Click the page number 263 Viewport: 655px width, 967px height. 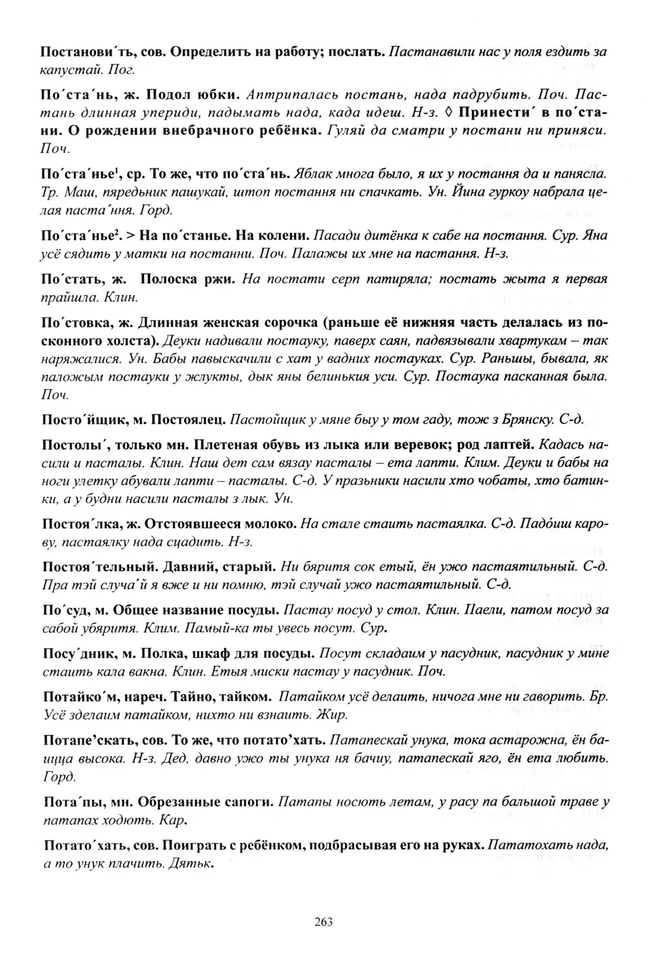click(x=323, y=922)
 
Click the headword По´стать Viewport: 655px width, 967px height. click(x=70, y=279)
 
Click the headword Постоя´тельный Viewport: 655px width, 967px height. click(x=92, y=566)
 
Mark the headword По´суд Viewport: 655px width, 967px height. click(x=65, y=609)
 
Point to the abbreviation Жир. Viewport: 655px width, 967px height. click(x=334, y=715)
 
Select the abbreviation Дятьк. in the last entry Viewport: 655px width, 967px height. click(x=194, y=863)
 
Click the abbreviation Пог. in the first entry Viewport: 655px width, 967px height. click(x=123, y=69)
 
